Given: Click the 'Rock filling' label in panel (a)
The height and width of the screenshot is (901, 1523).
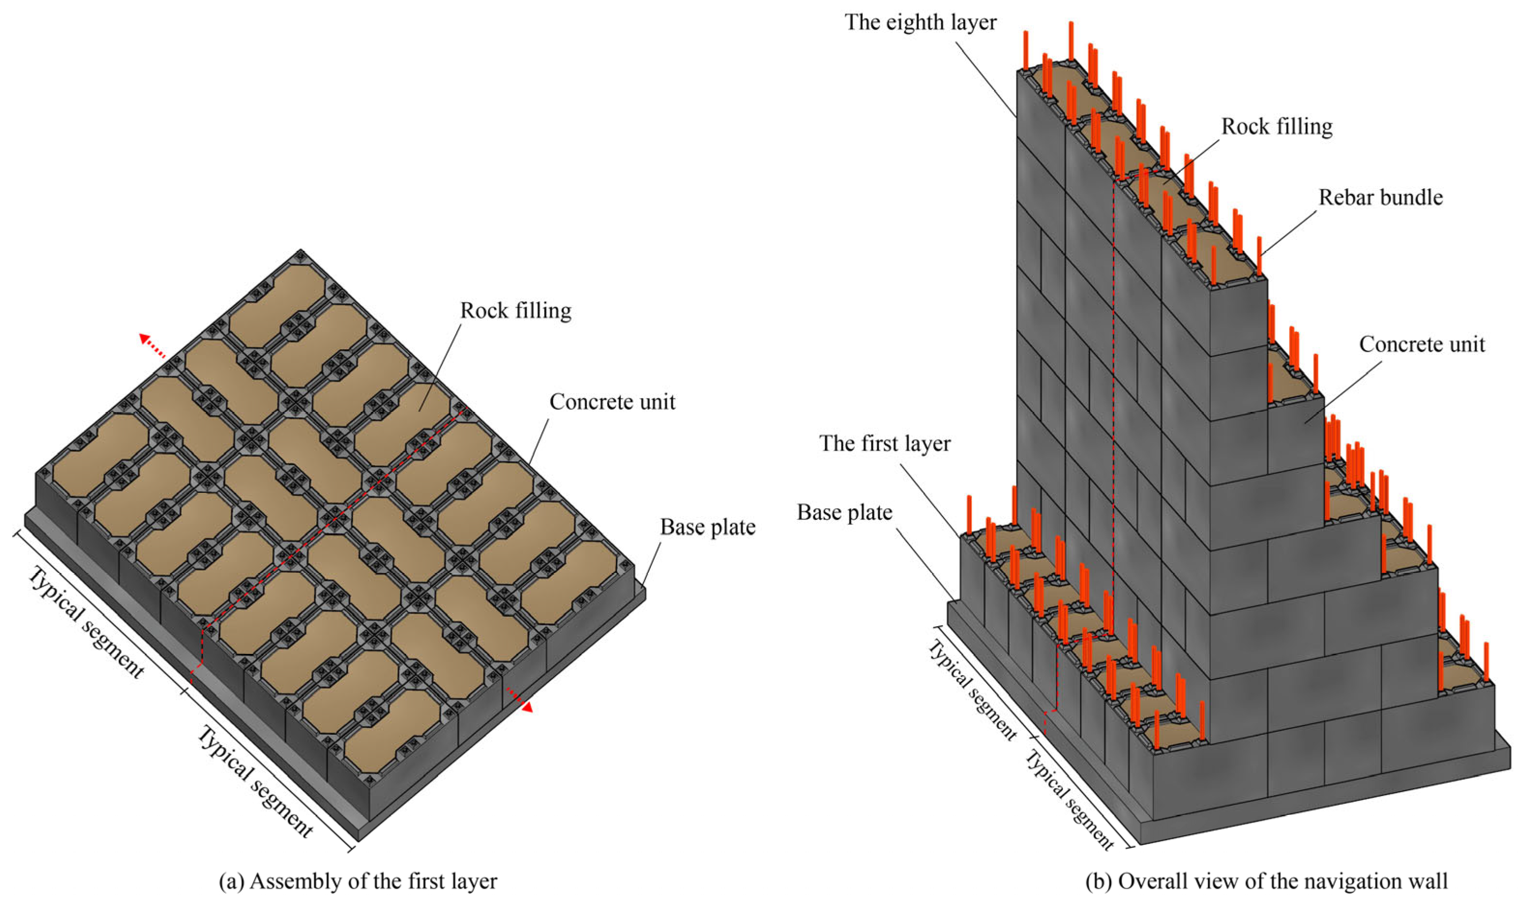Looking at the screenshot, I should [516, 311].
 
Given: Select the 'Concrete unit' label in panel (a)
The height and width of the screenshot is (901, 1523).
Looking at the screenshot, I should [612, 402].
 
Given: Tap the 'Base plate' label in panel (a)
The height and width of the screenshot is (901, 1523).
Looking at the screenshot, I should [707, 527].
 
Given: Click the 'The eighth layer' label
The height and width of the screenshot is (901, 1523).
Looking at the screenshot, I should [920, 22].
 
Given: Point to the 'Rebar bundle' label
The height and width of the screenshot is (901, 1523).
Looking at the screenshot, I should [1380, 197].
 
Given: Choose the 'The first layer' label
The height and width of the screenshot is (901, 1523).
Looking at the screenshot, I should [884, 444].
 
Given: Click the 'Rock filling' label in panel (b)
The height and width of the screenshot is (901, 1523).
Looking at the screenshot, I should [1276, 127].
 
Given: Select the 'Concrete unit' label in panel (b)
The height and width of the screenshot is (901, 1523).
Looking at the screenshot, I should [1421, 344].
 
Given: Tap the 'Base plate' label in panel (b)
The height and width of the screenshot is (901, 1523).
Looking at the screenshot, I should [844, 513].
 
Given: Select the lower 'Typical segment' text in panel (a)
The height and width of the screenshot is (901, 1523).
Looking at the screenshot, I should [255, 782].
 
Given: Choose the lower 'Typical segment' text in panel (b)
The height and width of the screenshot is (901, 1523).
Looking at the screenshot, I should [1070, 800].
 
